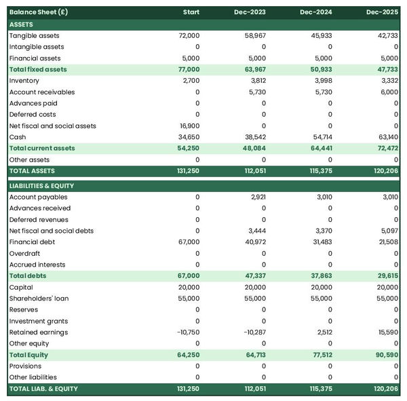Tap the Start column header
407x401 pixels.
[191, 12]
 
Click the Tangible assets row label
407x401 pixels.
[34, 35]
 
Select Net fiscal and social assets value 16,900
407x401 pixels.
[189, 126]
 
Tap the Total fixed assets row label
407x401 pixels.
[38, 69]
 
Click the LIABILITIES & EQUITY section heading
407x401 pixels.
[41, 185]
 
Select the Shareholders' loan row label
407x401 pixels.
[39, 299]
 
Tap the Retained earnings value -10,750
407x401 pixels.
[187, 332]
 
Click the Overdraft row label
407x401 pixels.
[24, 253]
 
